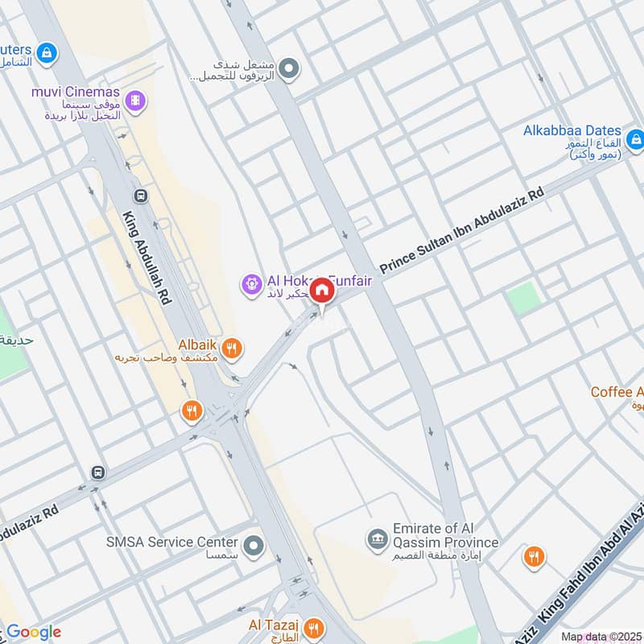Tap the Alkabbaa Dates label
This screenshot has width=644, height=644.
[x=572, y=130]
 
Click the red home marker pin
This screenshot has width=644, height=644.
[x=322, y=291]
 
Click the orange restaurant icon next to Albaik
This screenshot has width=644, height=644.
[x=232, y=348]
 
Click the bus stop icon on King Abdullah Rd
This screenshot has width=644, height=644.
[x=141, y=195]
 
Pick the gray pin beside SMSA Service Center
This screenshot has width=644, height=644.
[x=254, y=547]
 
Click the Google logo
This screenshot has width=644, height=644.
[x=34, y=632]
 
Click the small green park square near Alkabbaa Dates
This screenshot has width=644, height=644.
[x=523, y=299]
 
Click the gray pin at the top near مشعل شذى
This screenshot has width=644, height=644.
[x=291, y=68]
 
